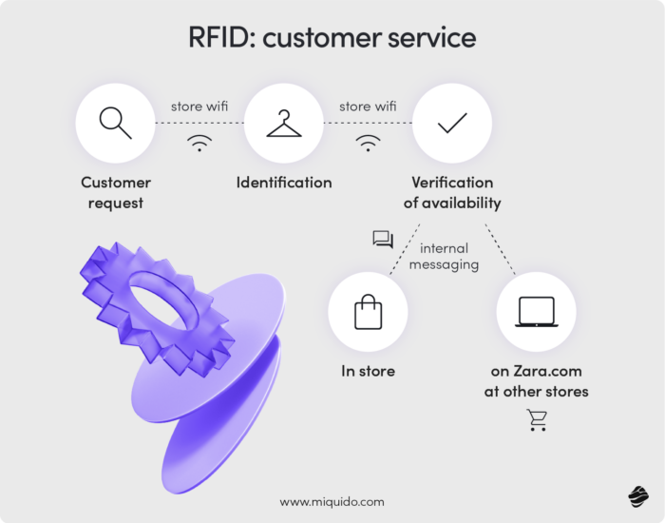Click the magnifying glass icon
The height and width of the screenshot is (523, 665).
115,123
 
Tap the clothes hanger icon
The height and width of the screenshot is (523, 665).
283,124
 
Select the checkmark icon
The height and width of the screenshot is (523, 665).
451,123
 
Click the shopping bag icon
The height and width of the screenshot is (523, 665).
368,312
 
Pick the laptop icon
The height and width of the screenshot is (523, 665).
536,312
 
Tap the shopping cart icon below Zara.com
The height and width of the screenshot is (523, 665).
537,420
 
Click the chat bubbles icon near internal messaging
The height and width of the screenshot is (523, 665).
383,240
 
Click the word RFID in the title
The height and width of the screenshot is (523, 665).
220,38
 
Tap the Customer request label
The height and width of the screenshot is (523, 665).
116,191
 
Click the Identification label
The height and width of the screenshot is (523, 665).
284,182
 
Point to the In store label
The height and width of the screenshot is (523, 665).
368,372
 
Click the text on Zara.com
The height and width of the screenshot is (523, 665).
536,372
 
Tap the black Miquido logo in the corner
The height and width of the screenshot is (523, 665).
637,496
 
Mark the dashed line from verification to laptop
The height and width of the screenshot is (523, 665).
500,249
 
